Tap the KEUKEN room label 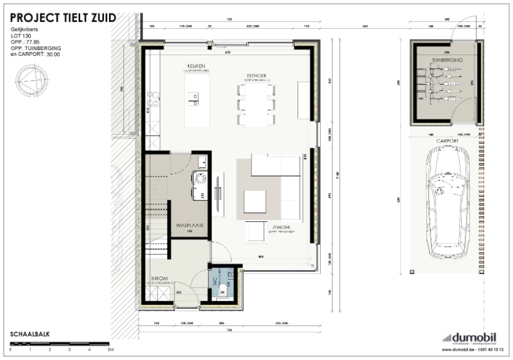click(x=196, y=66)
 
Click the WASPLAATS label click(x=190, y=226)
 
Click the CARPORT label click(x=446, y=140)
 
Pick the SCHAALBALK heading click(x=30, y=334)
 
